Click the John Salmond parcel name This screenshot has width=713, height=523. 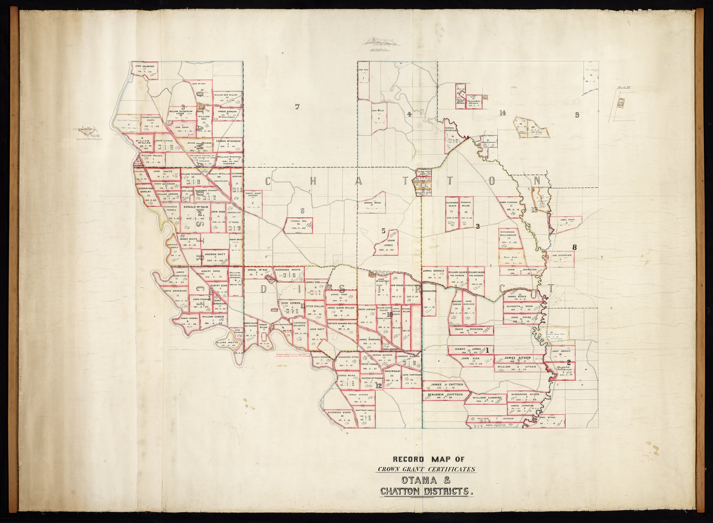point(144,66)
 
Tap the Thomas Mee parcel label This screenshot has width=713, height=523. point(299,221)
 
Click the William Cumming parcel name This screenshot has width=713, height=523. point(487,398)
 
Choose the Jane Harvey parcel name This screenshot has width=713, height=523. point(561,351)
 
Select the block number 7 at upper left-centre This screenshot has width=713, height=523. point(297,106)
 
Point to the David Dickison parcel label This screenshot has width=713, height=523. point(469,329)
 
